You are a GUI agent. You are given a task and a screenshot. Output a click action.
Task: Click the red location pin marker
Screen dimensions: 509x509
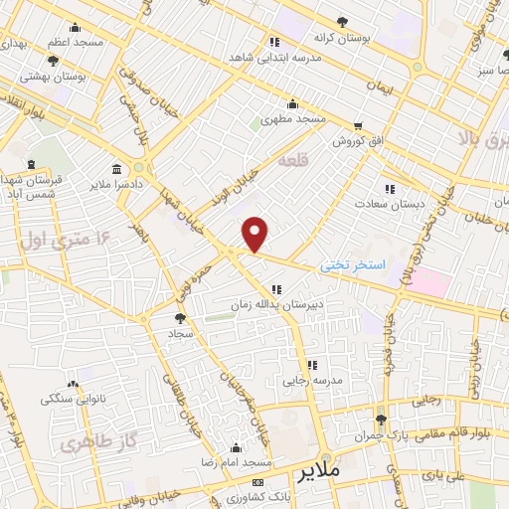(x=255, y=233)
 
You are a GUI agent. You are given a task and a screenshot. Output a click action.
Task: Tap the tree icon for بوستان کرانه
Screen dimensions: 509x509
(x=343, y=22)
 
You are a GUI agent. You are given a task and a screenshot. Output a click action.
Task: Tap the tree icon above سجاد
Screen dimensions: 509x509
(x=179, y=319)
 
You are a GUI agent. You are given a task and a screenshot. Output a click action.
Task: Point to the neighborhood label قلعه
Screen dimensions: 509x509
(x=292, y=160)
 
